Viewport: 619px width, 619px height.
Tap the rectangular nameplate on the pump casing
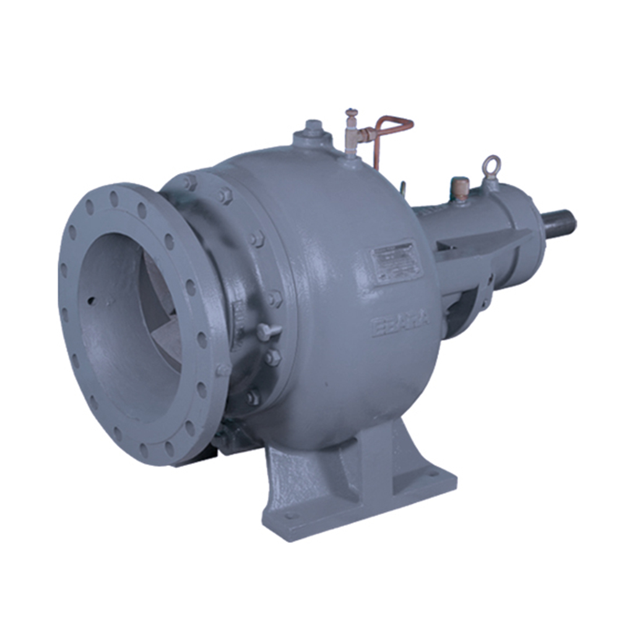[x=396, y=262]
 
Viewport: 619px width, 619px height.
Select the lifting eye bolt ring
[x=491, y=164]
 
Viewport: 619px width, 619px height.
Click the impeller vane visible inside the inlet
[x=162, y=322]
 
